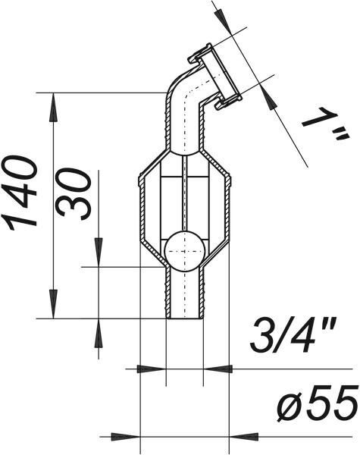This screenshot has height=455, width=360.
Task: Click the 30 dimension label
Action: pos(74,193)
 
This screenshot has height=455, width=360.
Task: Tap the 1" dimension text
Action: pos(325,124)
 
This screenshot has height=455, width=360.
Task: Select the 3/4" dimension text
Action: pos(293,334)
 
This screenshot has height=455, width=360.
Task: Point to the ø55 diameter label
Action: pos(317,404)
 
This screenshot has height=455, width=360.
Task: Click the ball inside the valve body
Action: pos(184,251)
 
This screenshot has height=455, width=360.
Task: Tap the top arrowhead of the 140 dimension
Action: pos(53,107)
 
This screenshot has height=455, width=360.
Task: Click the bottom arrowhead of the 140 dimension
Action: pos(53,304)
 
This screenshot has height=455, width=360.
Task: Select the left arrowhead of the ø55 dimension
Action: pos(126,437)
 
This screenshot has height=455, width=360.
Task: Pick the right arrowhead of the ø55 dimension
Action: pos(244,437)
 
